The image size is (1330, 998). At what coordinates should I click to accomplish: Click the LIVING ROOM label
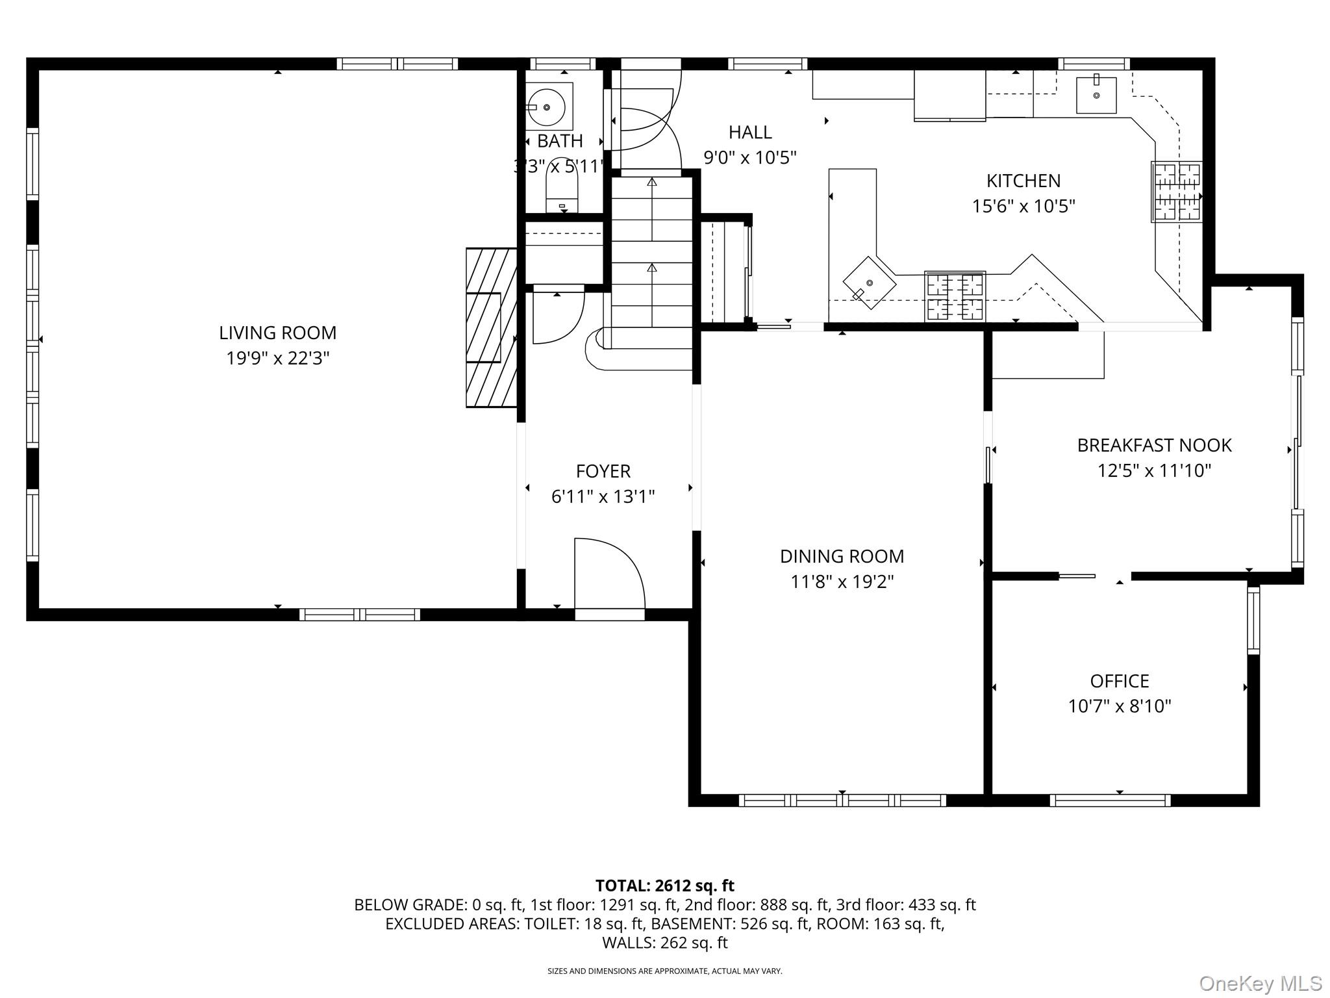coord(277,333)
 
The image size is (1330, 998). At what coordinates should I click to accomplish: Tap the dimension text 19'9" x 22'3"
coord(277,358)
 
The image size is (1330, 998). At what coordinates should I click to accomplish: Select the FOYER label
coord(603,471)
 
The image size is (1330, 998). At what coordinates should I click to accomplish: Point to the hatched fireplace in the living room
coord(491,327)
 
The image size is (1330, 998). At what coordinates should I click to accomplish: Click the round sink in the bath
coord(546,107)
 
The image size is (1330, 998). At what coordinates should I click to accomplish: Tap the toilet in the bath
coord(562,195)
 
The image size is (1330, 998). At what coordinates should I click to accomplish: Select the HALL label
coord(750,133)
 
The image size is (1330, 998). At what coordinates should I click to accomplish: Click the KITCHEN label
coord(1023,181)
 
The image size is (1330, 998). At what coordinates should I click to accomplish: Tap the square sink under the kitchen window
coord(1096,95)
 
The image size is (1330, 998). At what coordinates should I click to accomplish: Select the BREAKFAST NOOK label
coord(1154,445)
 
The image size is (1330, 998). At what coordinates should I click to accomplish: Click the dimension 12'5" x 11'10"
coord(1154,470)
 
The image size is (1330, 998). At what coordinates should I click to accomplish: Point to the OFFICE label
coord(1119,681)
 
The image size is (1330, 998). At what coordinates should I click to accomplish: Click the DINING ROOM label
coord(842,556)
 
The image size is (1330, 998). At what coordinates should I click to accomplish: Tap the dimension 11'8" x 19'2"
coord(842,582)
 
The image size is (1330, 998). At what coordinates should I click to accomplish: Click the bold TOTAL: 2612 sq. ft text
coord(664,886)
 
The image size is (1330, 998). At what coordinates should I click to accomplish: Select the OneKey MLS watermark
coord(1260,983)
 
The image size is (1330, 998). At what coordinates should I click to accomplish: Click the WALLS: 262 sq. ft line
coord(664,942)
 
